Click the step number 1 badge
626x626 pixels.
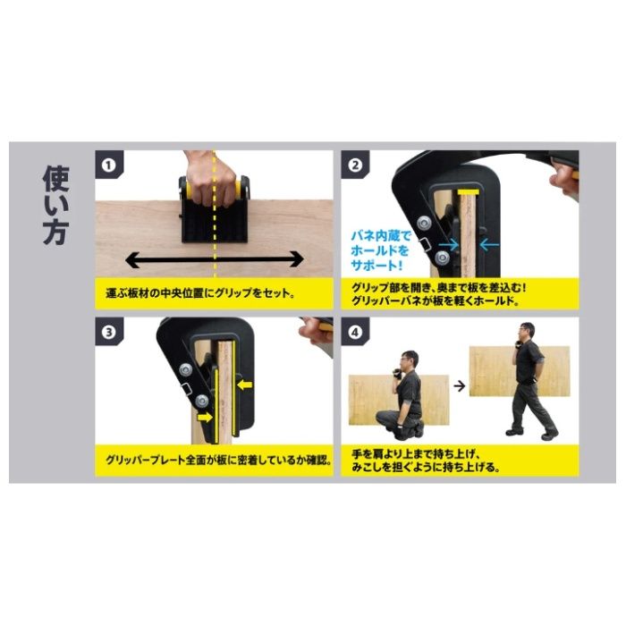click(109, 165)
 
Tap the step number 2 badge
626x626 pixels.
click(355, 165)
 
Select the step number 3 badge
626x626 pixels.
click(109, 332)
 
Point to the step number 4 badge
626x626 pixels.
click(355, 332)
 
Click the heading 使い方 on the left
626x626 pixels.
click(56, 205)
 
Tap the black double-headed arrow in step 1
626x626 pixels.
click(215, 259)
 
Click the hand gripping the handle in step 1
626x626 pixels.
click(210, 178)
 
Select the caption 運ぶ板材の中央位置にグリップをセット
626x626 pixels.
click(200, 293)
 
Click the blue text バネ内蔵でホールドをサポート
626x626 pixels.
click(380, 250)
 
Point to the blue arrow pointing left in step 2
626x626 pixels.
click(489, 244)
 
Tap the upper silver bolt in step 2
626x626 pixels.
click(424, 222)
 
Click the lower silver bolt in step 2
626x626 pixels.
click(442, 258)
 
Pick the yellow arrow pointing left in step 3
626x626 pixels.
click(245, 385)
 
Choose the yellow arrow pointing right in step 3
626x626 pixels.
click(205, 418)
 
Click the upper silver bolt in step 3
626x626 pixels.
click(185, 369)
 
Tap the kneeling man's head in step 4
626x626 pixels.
click(410, 360)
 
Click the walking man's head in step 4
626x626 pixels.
click(527, 332)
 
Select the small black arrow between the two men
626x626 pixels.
click(460, 386)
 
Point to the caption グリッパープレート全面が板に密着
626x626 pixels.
click(219, 460)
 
